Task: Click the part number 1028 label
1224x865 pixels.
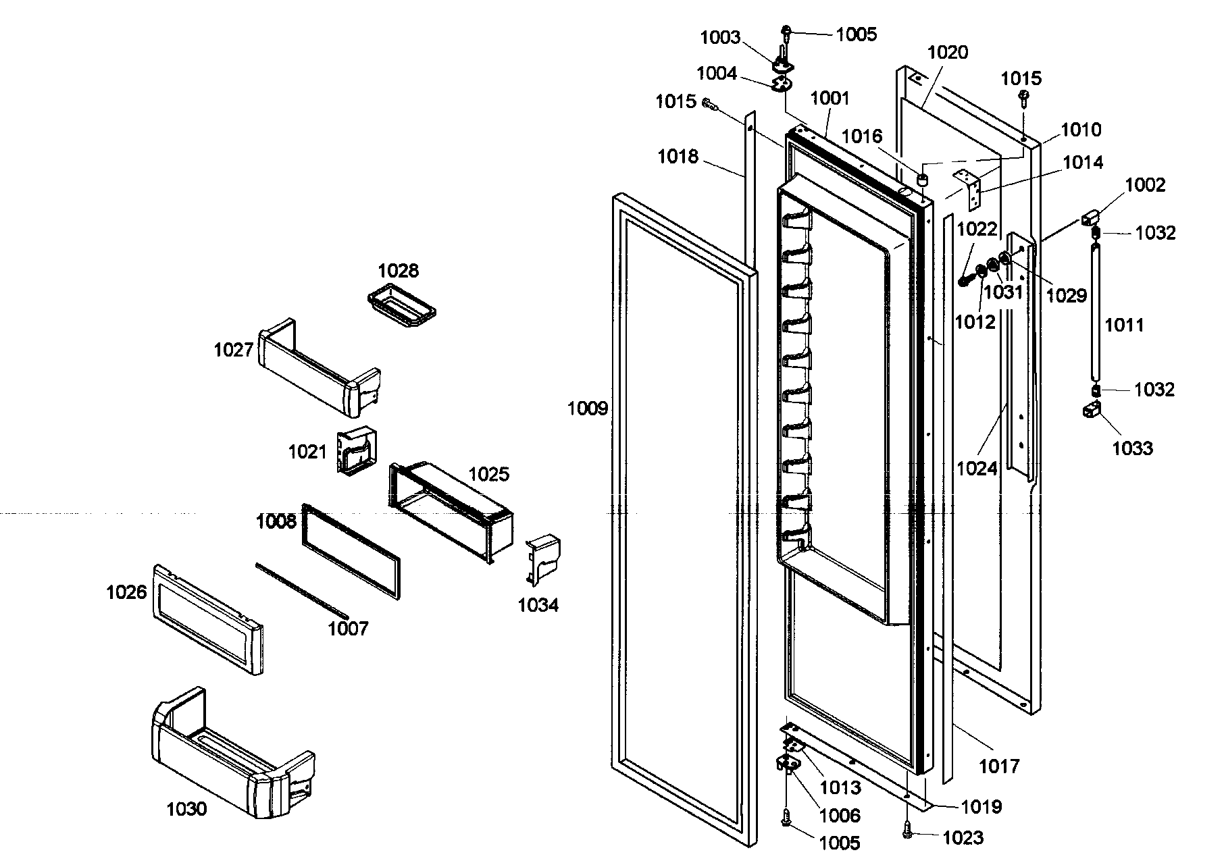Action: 398,271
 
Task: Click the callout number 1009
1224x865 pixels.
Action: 588,409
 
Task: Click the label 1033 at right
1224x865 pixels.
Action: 1133,448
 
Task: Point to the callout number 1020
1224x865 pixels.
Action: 948,53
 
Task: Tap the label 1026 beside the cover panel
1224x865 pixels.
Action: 126,592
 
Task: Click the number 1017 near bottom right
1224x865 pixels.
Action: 999,766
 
